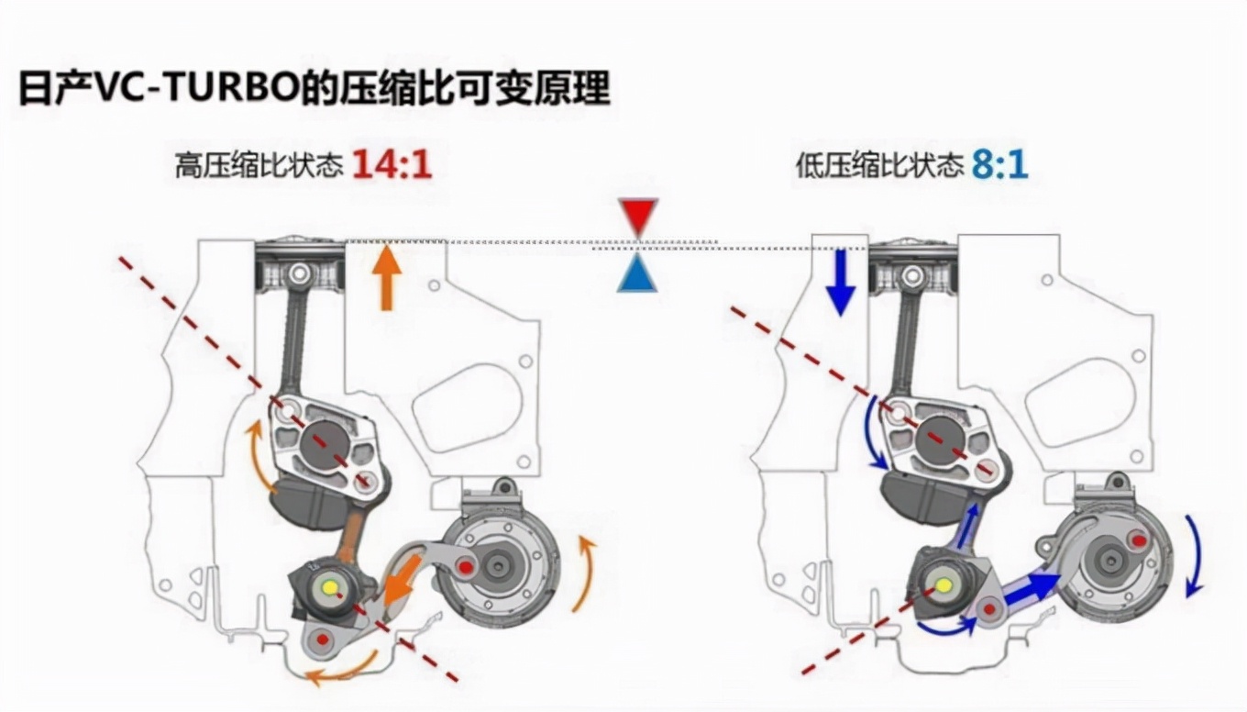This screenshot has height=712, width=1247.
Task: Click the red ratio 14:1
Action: [x=392, y=165]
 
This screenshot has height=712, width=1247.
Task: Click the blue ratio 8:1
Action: [x=1000, y=165]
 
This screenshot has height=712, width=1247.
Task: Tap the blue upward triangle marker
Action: [x=638, y=273]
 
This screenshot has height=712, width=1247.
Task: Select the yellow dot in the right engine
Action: [x=942, y=584]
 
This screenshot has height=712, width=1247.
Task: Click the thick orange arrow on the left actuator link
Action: [x=401, y=585]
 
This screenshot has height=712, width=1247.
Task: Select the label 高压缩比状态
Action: [x=259, y=166]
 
